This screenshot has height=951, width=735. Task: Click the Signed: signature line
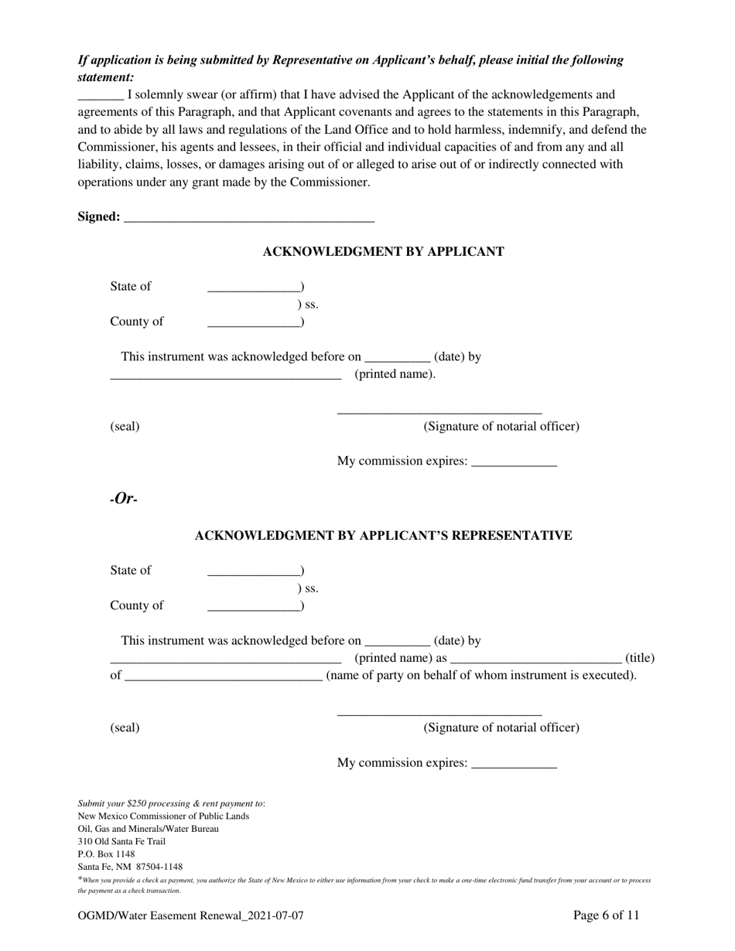point(248,219)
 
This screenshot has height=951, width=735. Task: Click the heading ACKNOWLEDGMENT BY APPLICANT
point(383,252)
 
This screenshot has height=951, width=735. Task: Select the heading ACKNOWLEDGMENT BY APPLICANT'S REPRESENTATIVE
point(383,536)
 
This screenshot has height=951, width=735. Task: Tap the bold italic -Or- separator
point(124,499)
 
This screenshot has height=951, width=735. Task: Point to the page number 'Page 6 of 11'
point(606,916)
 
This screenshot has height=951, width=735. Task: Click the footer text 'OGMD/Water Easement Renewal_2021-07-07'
point(190,916)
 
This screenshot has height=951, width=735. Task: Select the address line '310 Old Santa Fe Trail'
point(121,841)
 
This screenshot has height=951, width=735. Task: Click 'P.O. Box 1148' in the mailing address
point(106,854)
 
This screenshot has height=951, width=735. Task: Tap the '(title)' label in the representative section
point(639,659)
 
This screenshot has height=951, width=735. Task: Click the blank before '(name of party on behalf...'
point(223,677)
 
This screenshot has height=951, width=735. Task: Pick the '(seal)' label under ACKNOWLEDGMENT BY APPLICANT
point(125,427)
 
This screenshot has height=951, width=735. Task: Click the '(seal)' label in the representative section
point(125,728)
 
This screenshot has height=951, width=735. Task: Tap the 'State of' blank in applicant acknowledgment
point(254,288)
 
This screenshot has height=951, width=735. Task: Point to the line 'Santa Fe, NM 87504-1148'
point(130,867)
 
